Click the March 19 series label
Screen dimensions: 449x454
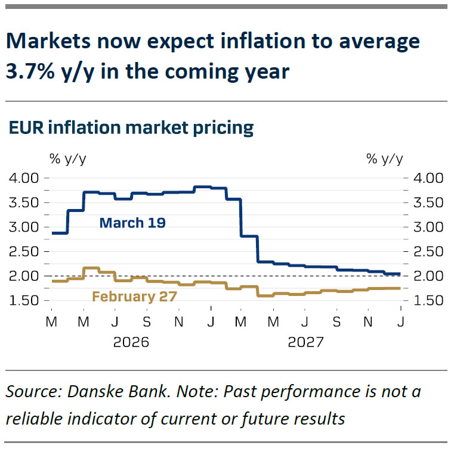(132, 223)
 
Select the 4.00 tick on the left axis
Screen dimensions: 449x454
(24, 178)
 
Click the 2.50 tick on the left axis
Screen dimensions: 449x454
(24, 252)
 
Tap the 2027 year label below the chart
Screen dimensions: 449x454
(305, 344)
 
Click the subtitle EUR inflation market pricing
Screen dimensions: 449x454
(131, 127)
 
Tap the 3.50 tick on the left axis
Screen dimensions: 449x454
(24, 202)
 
